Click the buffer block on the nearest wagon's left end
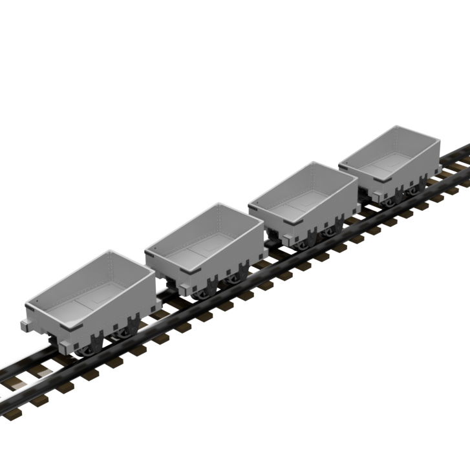(25, 325)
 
